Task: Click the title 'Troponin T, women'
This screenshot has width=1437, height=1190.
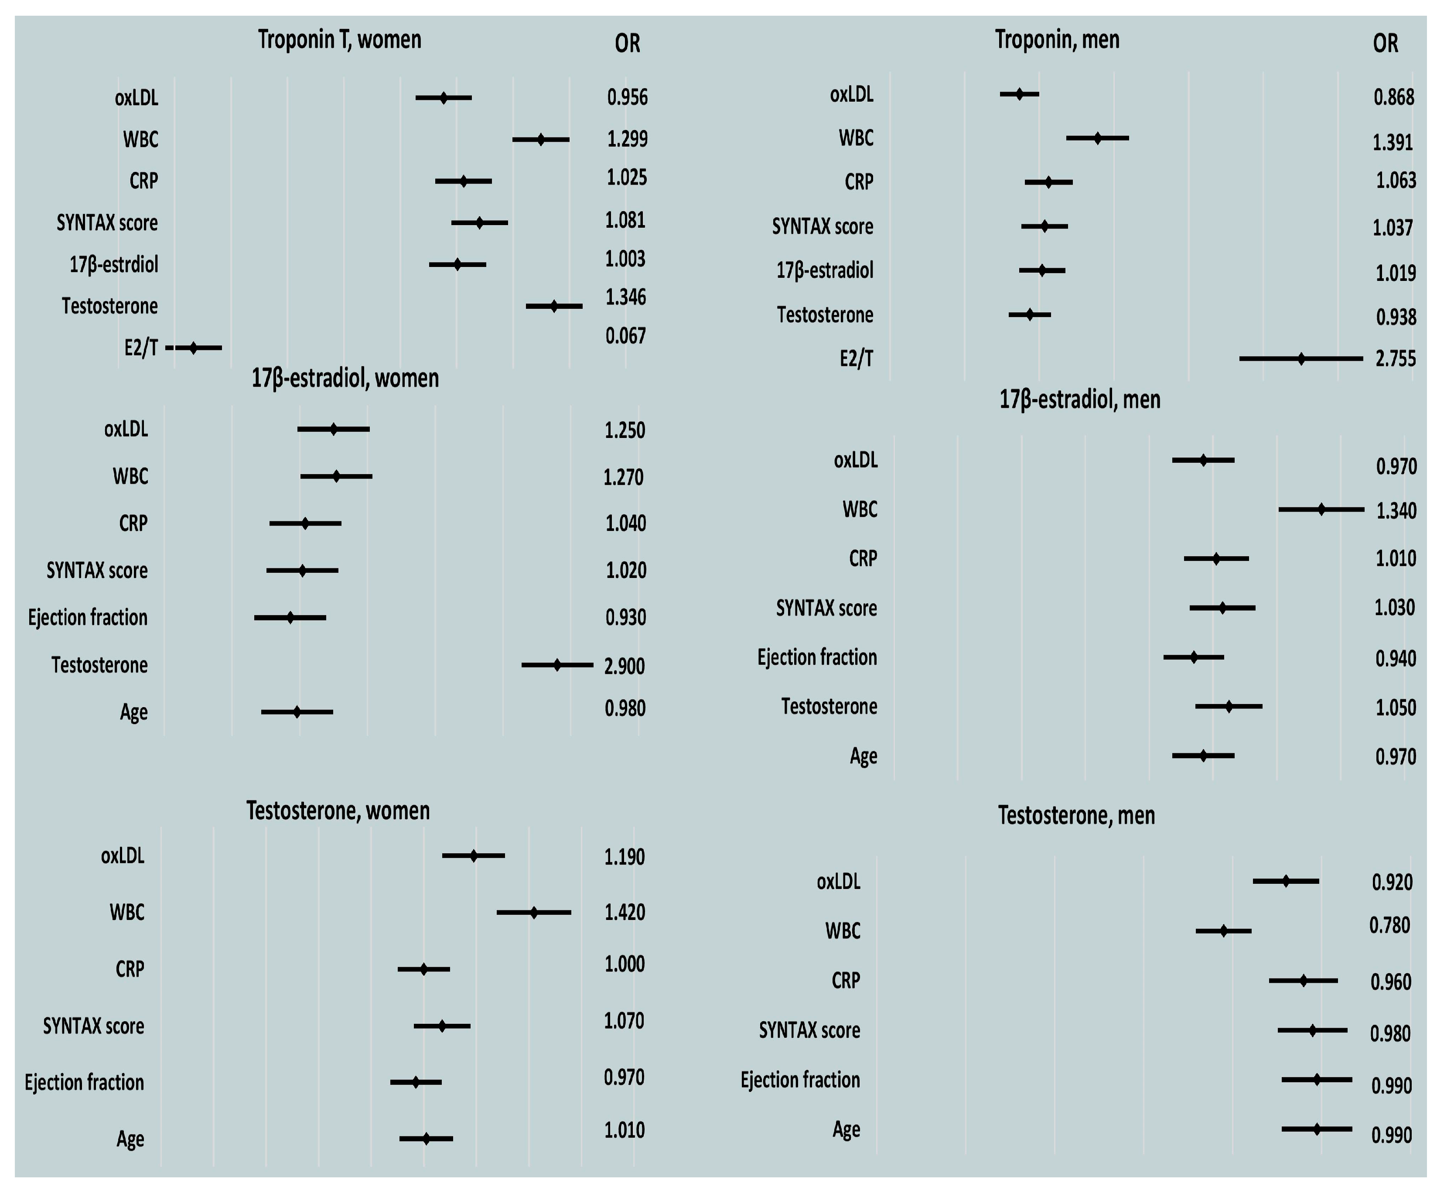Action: click(x=339, y=40)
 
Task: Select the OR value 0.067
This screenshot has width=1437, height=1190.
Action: click(x=625, y=336)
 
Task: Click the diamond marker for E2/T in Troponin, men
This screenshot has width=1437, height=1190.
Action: click(x=1301, y=358)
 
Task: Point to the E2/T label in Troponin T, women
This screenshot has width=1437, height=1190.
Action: click(x=141, y=348)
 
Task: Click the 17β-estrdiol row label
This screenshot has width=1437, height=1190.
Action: click(x=113, y=265)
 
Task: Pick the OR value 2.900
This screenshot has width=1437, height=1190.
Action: click(x=624, y=666)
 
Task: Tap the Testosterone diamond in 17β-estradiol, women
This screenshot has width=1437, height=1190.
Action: click(x=557, y=664)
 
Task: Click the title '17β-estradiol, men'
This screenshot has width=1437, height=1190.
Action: click(x=1080, y=399)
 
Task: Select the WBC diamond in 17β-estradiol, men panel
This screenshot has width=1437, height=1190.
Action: click(x=1321, y=509)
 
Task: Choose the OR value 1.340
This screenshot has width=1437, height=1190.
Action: click(x=1396, y=510)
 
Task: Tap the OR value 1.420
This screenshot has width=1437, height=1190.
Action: click(x=624, y=912)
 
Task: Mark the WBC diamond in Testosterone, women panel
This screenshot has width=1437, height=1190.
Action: click(x=534, y=912)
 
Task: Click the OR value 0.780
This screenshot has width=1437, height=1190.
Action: click(x=1389, y=926)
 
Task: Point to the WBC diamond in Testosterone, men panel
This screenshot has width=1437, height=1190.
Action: click(x=1223, y=930)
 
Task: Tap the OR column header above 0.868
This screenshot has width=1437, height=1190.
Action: click(x=1385, y=44)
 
